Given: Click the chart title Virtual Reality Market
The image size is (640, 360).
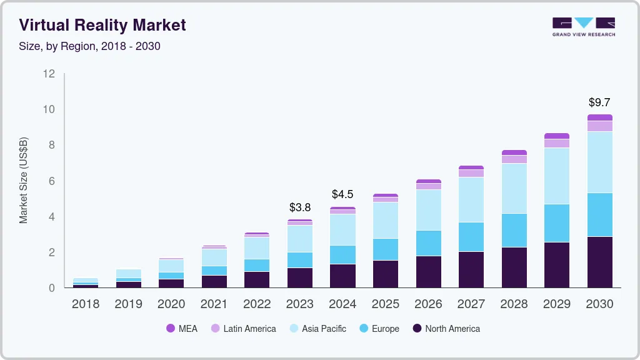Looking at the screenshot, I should tap(102, 25).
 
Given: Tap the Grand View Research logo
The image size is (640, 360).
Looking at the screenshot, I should tap(583, 27).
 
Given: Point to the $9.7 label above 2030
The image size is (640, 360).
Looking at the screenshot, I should tap(599, 102).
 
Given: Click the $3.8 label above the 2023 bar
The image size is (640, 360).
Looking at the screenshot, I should tap(299, 207).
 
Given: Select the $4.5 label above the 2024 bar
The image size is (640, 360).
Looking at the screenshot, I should tap(342, 194).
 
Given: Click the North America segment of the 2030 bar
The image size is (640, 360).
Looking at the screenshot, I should tap(599, 262).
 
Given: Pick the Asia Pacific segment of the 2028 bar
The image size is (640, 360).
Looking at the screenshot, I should tap(514, 188).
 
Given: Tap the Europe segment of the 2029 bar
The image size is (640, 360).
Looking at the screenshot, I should tap(556, 223).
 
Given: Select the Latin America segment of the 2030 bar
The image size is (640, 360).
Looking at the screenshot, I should tap(599, 126).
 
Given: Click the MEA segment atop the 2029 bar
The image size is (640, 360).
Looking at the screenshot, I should tap(556, 136).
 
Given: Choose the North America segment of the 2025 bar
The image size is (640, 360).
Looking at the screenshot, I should tap(385, 274).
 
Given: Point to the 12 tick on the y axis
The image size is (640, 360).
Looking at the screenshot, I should tap(49, 74).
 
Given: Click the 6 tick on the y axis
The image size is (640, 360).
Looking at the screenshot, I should tap(52, 181).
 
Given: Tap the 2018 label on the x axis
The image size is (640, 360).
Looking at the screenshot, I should tap(85, 304).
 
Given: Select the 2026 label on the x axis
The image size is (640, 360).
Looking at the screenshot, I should tap(428, 304).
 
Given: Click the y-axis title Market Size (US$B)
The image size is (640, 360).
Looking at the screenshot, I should tap(24, 180).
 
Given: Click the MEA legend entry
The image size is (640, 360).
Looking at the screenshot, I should tap(182, 329).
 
